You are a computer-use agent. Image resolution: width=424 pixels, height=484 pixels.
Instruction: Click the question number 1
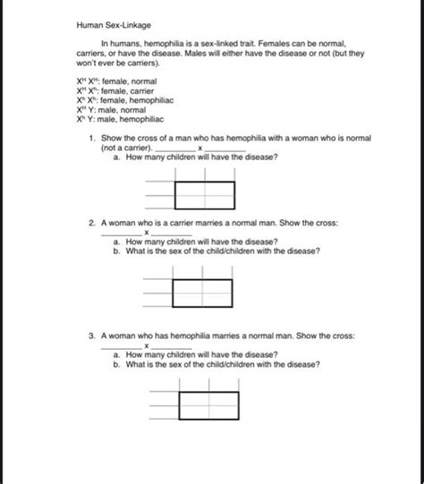(92, 140)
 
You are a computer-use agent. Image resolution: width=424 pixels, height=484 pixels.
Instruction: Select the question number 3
(92, 336)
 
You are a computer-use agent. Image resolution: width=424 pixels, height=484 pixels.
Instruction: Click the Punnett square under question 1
(205, 194)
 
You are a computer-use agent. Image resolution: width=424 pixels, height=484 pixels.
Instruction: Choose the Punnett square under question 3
(208, 405)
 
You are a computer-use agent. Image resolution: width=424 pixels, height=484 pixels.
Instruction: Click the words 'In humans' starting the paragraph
(121, 42)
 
